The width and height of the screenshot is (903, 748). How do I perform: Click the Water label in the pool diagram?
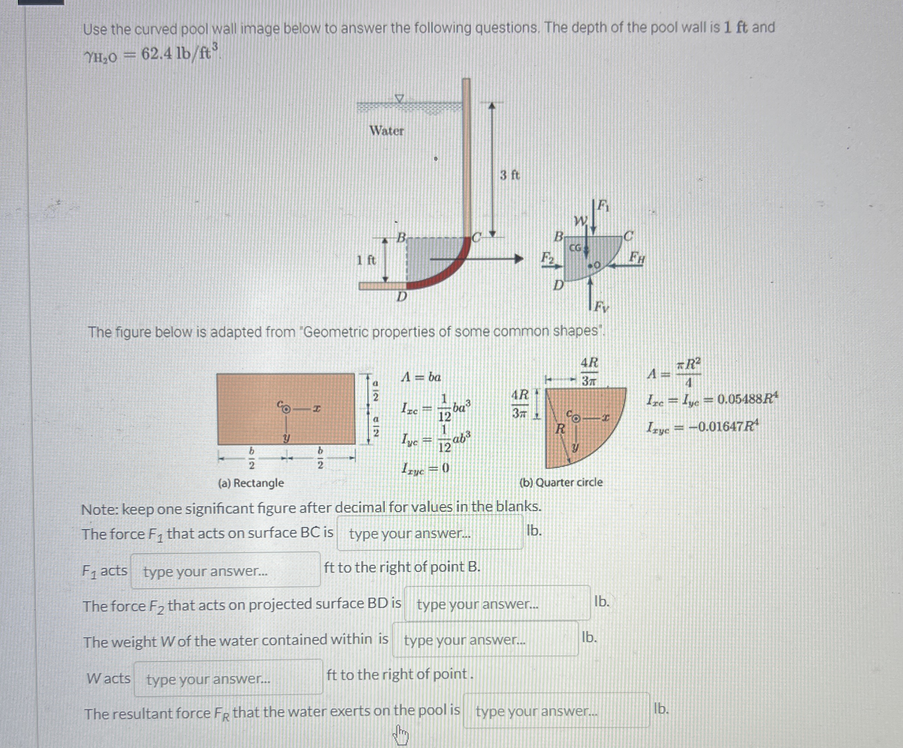[x=387, y=130]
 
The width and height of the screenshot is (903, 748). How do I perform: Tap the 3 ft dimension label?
[x=510, y=175]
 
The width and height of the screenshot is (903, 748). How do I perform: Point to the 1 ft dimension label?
[x=366, y=260]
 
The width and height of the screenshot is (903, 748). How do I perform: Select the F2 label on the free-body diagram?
[x=547, y=258]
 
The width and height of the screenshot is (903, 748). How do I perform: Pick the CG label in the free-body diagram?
[x=575, y=248]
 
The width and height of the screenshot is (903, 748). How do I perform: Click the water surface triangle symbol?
[x=399, y=99]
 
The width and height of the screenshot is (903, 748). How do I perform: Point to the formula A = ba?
[x=421, y=377]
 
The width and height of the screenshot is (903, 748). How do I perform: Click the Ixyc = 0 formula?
[x=425, y=468]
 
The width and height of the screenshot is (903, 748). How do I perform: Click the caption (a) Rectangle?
[x=251, y=483]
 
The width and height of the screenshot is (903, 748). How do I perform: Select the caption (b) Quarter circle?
[x=561, y=482]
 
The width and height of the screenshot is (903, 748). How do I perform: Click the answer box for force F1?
[x=430, y=534]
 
